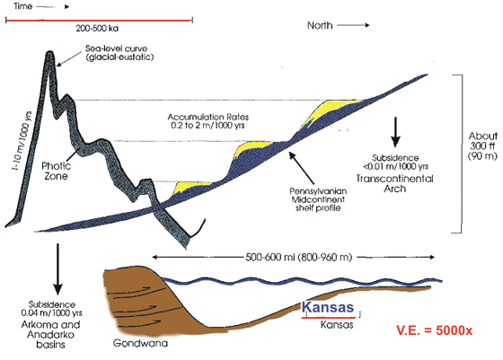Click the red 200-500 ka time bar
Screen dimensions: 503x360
pos(99,21)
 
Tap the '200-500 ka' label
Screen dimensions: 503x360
pos(97,29)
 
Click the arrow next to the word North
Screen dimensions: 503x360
pos(353,25)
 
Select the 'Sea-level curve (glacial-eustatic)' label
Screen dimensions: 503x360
pos(119,53)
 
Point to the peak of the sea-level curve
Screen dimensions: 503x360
pos(49,53)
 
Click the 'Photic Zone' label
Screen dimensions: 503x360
pos(56,171)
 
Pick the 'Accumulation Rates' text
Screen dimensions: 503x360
pos(208,117)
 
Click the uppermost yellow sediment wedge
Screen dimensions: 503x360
pos(331,110)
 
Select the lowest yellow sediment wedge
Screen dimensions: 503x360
pos(190,186)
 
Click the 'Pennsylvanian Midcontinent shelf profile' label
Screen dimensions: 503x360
pos(318,199)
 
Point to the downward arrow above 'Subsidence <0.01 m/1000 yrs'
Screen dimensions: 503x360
pos(395,132)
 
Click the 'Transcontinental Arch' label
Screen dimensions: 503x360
pos(395,183)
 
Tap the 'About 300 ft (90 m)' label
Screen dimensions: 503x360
pos(482,145)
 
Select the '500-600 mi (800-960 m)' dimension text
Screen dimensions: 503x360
pos(299,258)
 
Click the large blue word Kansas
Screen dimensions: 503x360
pos(328,307)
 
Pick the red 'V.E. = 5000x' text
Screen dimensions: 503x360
pos(435,330)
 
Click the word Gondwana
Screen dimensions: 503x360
pos(140,343)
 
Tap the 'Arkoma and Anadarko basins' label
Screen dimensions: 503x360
pos(50,335)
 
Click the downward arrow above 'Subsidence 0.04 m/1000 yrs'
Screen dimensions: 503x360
pos(57,269)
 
